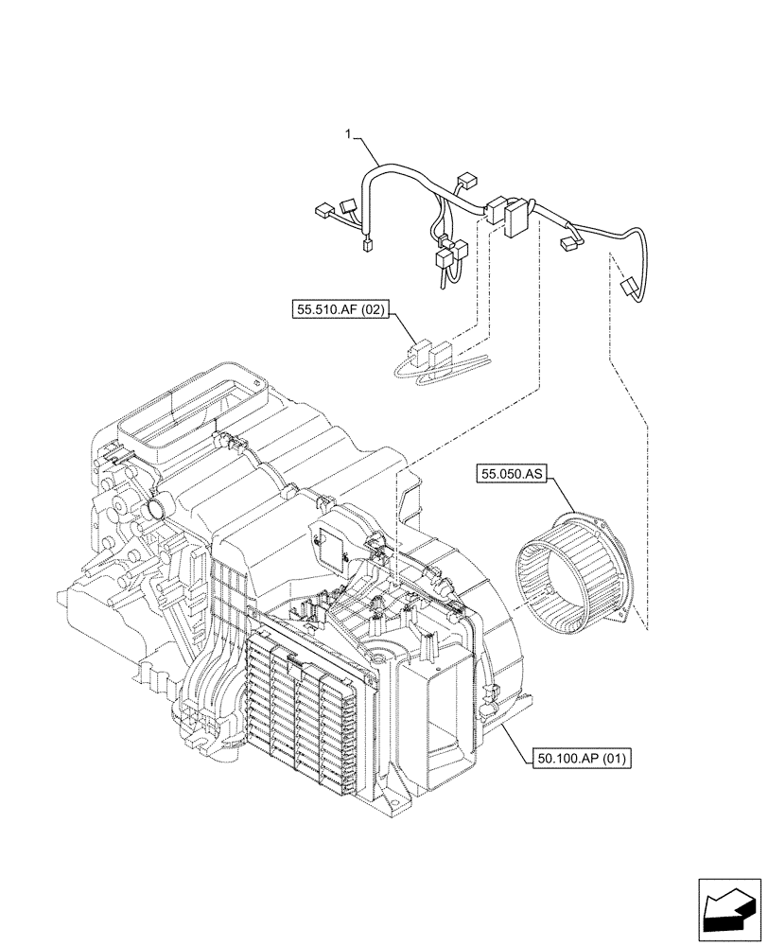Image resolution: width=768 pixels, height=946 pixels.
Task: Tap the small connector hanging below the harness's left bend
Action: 365,249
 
